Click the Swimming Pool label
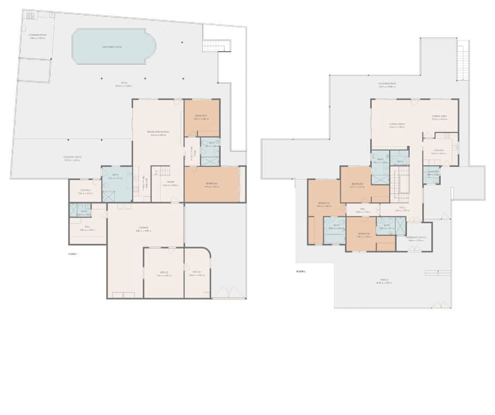pyautogui.click(x=112, y=47)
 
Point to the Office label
pyautogui.click(x=164, y=272)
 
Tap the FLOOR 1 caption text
pyautogui.click(x=73, y=254)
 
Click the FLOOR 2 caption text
pyautogui.click(x=301, y=272)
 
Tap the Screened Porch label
pyautogui.click(x=415, y=238)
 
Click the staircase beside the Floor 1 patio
pyautogui.click(x=216, y=46)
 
